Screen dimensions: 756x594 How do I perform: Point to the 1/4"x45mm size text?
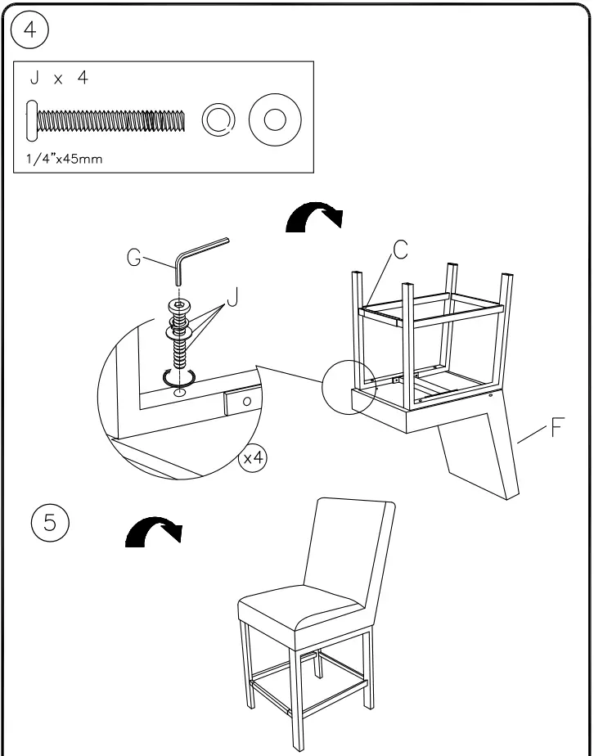coord(60,158)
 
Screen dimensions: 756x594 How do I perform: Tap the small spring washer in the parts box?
coord(217,121)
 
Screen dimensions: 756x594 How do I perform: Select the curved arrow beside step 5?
coord(153,533)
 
